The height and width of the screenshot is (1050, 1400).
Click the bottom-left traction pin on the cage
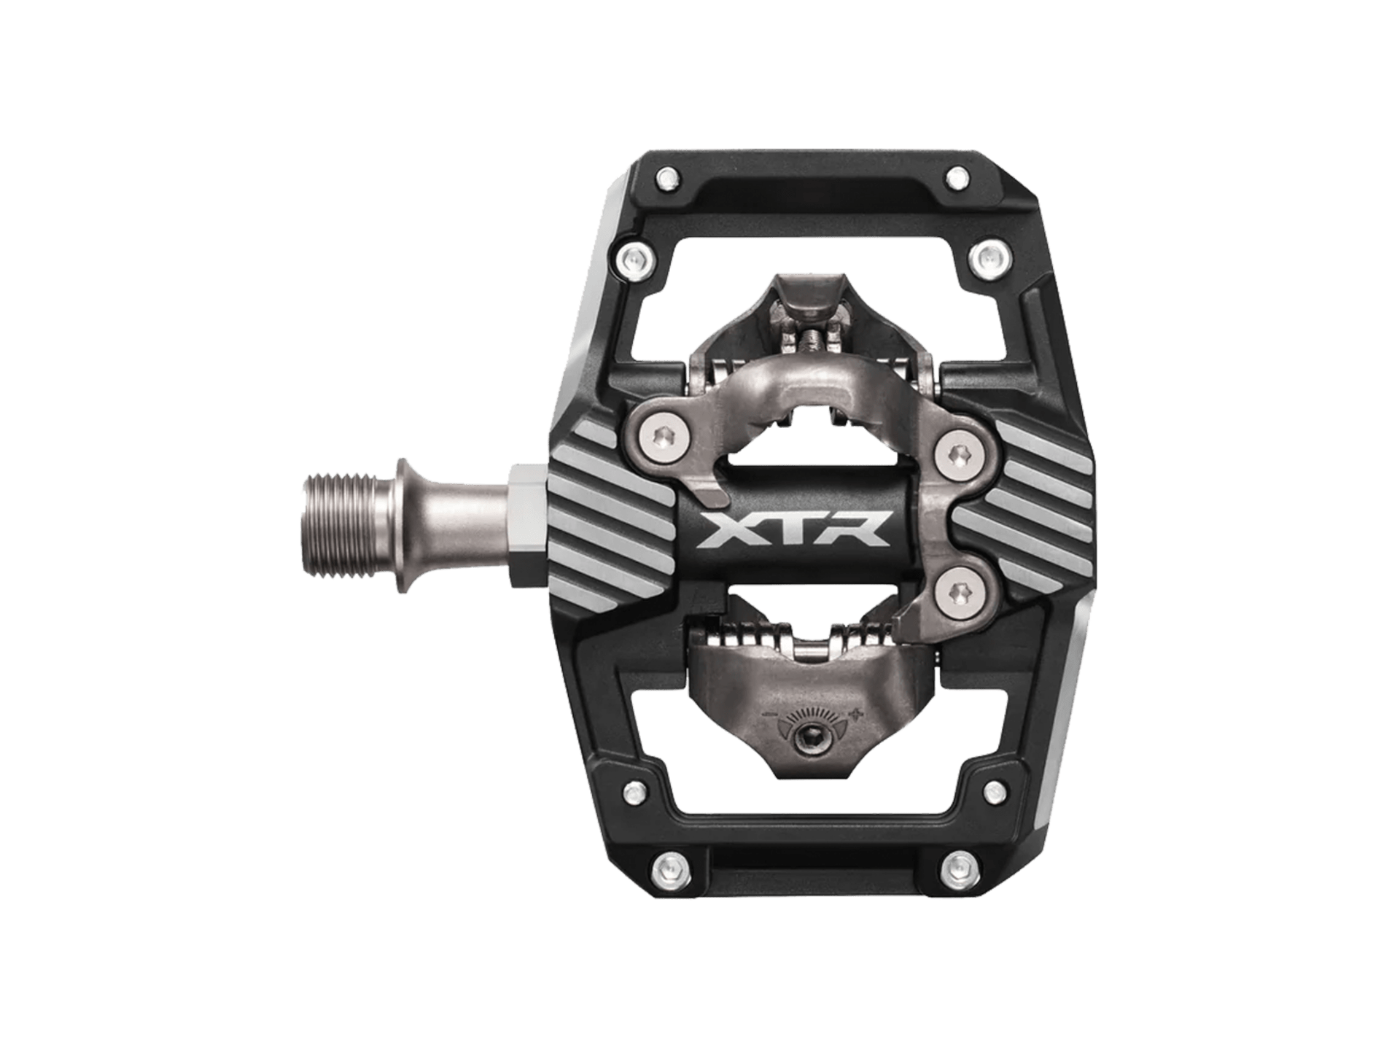pyautogui.click(x=665, y=866)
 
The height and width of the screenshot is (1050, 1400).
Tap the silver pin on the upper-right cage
pyautogui.click(x=985, y=256)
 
